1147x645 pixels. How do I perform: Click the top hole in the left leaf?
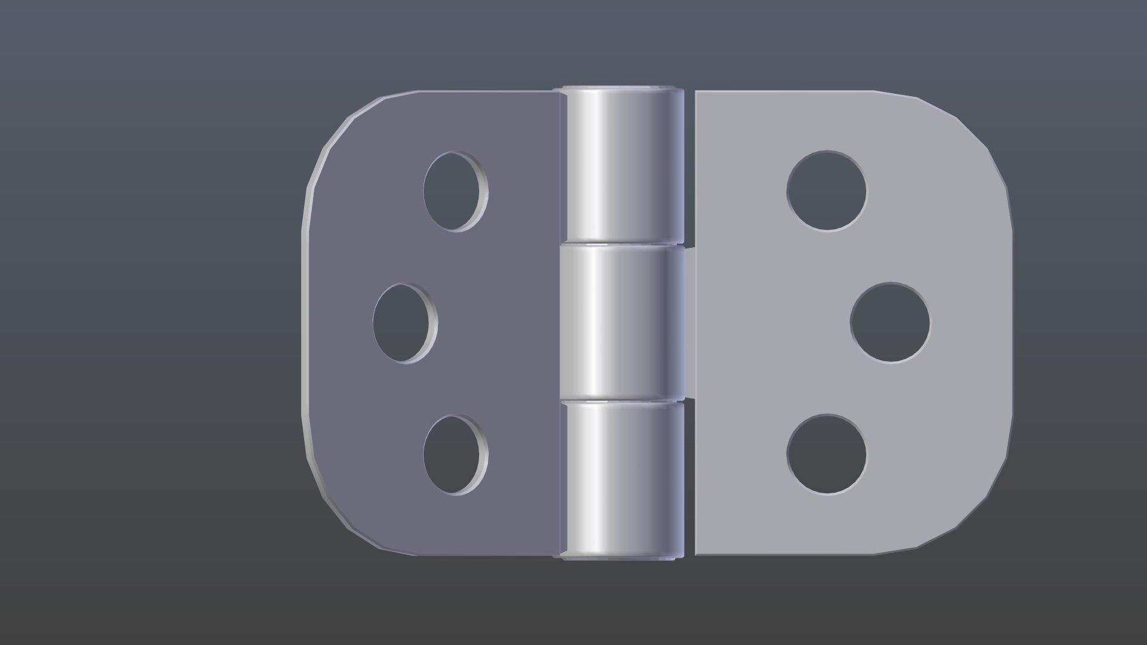[x=455, y=191]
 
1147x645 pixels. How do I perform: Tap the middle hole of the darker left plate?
[x=404, y=323]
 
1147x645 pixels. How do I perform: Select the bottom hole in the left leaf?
[x=455, y=455]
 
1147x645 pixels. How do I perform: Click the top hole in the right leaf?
[x=826, y=191]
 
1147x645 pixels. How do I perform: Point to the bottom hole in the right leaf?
[x=826, y=454]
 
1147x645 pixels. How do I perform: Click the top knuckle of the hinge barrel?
[x=621, y=167]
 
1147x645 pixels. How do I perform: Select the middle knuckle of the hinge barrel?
[x=621, y=322]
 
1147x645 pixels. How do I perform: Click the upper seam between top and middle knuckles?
[x=621, y=244]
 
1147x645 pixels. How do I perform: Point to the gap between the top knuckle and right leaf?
[x=689, y=167]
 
